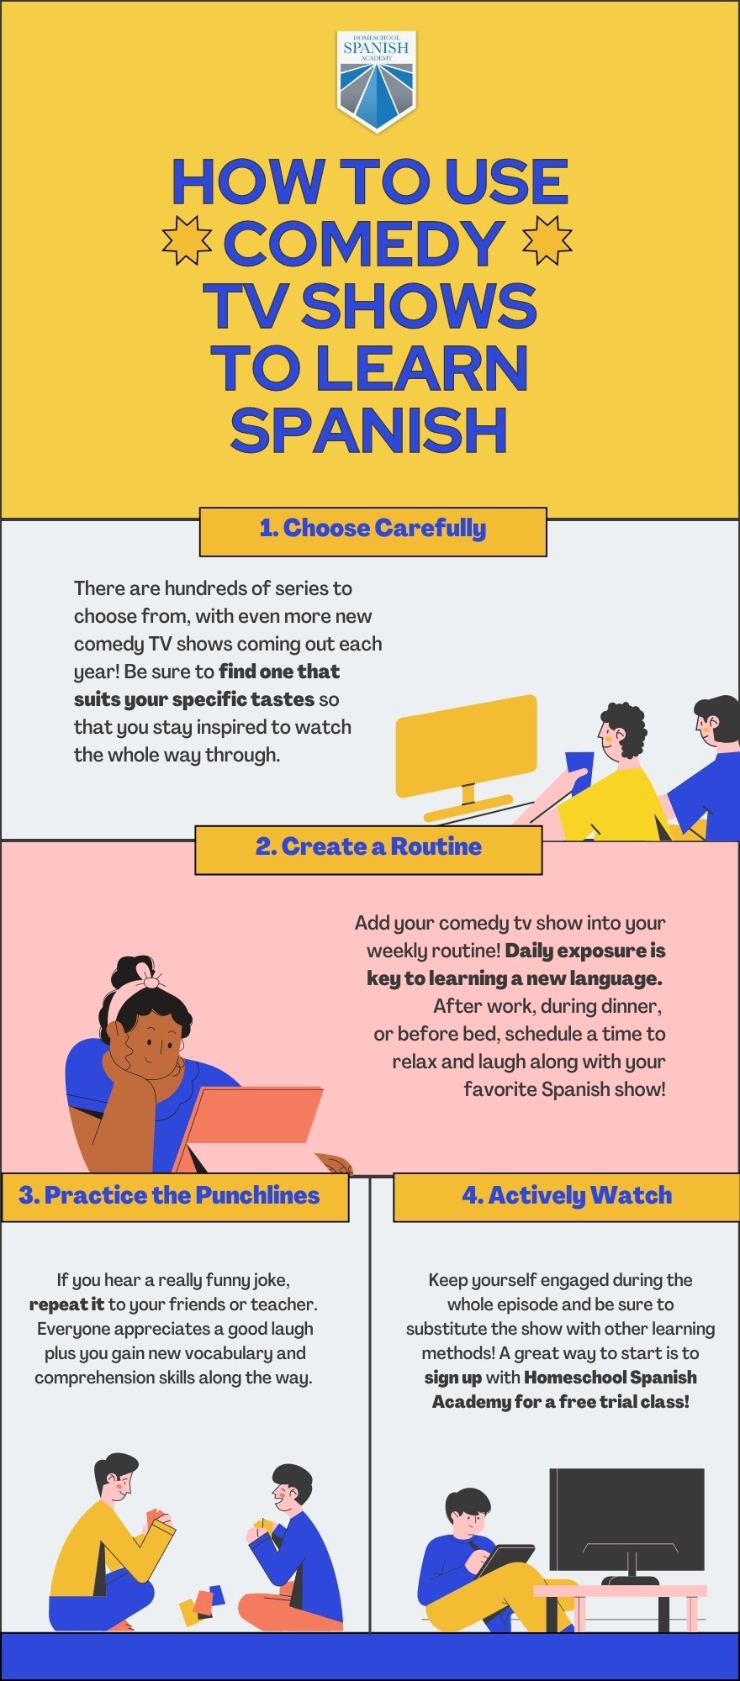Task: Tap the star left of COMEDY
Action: pyautogui.click(x=186, y=240)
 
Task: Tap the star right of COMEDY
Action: pyautogui.click(x=547, y=240)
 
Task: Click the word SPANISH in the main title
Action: pyautogui.click(x=369, y=430)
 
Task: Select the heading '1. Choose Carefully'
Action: pyautogui.click(x=373, y=529)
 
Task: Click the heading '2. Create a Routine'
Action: pyautogui.click(x=368, y=847)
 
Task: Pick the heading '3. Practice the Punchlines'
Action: pyautogui.click(x=170, y=1196)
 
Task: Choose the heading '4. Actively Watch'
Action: pyautogui.click(x=567, y=1196)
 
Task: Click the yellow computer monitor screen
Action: pyautogui.click(x=466, y=745)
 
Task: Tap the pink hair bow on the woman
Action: pyautogui.click(x=149, y=978)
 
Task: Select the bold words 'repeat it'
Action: pyautogui.click(x=66, y=1304)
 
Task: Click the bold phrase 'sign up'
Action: pyautogui.click(x=452, y=1378)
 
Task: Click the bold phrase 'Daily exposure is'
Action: pyautogui.click(x=585, y=951)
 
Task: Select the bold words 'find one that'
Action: pyautogui.click(x=279, y=672)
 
